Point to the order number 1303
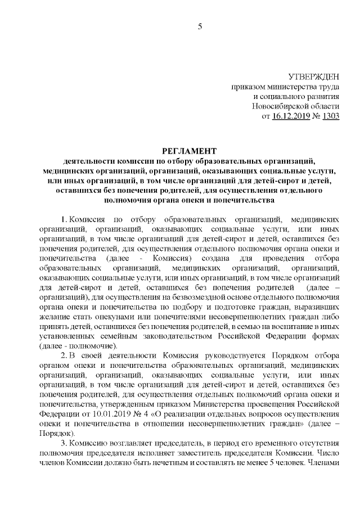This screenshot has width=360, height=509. click(331, 116)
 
